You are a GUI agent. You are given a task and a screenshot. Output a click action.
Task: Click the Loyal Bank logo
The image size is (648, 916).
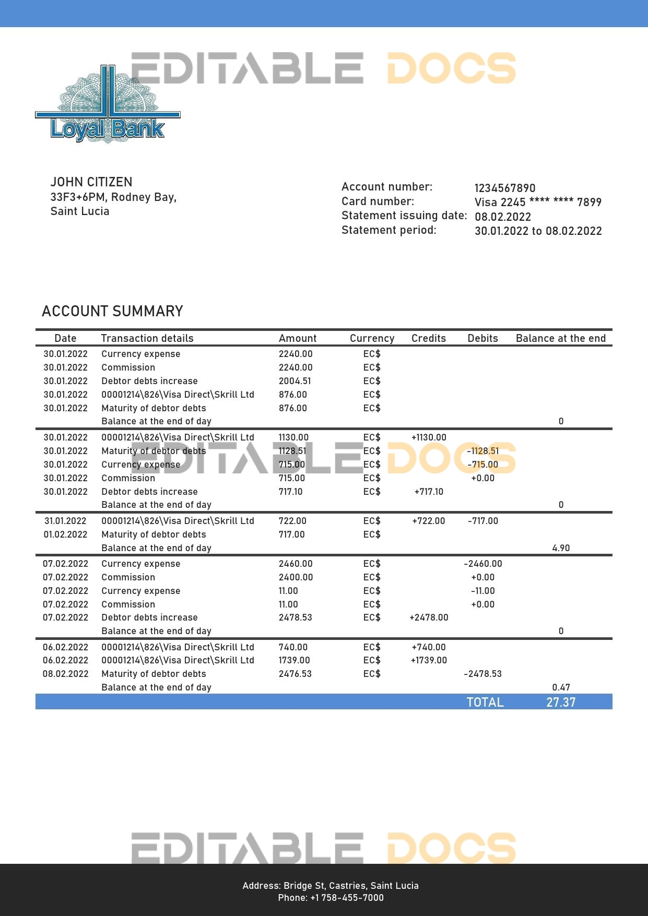[108, 107]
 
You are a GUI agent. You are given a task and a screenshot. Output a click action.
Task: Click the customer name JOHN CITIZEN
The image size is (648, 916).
[91, 182]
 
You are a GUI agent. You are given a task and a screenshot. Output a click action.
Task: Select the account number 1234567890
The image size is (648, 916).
[505, 188]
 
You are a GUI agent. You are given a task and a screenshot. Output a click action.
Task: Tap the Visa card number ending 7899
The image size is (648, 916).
[538, 202]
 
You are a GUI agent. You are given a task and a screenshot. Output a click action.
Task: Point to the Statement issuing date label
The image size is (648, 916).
[404, 216]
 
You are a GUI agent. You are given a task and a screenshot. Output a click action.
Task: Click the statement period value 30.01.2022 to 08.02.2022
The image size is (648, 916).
[538, 231]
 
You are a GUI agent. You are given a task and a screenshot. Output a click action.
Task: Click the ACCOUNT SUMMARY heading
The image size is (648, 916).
[112, 311]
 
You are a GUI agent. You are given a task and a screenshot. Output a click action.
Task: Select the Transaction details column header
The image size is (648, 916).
[147, 338]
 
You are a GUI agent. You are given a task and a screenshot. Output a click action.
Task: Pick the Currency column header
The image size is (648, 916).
[372, 338]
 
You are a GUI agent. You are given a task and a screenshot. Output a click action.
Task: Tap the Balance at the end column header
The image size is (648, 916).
[561, 338]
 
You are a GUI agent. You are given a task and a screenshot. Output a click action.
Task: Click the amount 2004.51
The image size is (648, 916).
[295, 381]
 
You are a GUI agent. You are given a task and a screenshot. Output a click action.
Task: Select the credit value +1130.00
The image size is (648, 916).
[429, 437]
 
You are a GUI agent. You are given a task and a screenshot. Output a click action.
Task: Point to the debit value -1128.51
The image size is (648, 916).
[482, 451]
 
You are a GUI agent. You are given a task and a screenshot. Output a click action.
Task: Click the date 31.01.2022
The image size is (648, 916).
[65, 521]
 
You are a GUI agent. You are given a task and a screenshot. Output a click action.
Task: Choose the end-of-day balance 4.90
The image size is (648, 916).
[561, 548]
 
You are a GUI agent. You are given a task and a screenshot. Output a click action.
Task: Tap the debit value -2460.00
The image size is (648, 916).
[482, 564]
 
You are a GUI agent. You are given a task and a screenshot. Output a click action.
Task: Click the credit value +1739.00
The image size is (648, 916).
[429, 660]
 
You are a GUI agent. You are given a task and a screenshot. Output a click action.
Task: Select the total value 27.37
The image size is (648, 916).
[561, 702]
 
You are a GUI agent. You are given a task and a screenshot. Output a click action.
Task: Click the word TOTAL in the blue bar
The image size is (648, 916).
[485, 702]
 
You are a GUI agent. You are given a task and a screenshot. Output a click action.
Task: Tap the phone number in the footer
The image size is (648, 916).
[331, 898]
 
